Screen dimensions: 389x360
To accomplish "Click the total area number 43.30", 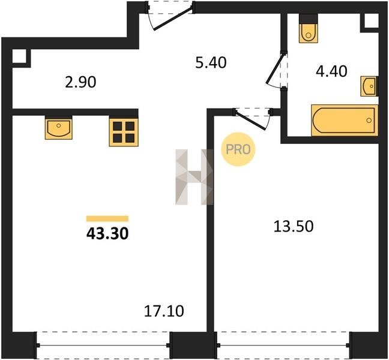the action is click(x=107, y=233).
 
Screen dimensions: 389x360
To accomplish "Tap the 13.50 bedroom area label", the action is click(x=294, y=226).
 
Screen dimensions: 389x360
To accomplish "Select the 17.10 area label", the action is click(x=164, y=311).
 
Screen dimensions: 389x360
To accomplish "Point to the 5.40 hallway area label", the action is click(x=211, y=62).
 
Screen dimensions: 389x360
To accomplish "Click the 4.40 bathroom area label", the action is click(x=331, y=71).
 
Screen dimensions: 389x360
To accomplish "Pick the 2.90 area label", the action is click(x=80, y=82).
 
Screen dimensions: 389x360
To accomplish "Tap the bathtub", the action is click(x=345, y=120).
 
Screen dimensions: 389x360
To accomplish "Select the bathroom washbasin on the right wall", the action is click(x=369, y=86).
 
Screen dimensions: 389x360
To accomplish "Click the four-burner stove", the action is click(x=124, y=131).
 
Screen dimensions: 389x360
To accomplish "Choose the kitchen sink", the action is click(x=59, y=128).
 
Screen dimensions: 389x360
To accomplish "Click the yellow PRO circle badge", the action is click(x=238, y=149).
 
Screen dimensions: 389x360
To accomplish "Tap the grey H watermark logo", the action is click(x=194, y=177).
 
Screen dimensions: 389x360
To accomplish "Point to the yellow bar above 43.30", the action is click(x=107, y=218).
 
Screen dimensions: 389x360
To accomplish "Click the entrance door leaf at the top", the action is click(x=173, y=19).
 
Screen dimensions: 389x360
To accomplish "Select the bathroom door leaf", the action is click(x=274, y=68).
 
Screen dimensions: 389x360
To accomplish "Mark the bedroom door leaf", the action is click(x=250, y=121).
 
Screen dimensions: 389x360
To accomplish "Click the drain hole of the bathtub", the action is click(x=369, y=120).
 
